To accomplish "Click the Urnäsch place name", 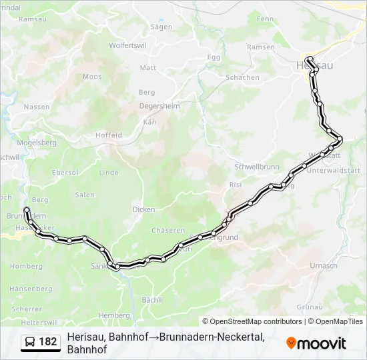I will click(x=324, y=265).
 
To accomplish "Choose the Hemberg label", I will click(x=113, y=315).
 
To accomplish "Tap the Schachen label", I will click(x=242, y=77).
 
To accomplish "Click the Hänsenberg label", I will click(x=31, y=289).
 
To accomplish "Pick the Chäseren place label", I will click(x=168, y=231).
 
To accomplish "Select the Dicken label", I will click(x=143, y=209).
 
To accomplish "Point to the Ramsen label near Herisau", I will click(x=260, y=47).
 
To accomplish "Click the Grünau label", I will click(x=310, y=307).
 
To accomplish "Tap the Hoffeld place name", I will click(x=108, y=134).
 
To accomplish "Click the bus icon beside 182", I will click(x=31, y=342).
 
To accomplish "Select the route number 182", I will click(x=48, y=342).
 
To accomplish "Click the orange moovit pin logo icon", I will click(x=291, y=343).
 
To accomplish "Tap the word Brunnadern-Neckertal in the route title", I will click(x=212, y=337).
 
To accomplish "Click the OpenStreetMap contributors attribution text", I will click(x=252, y=321).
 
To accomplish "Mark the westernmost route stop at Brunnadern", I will click(x=27, y=210).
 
